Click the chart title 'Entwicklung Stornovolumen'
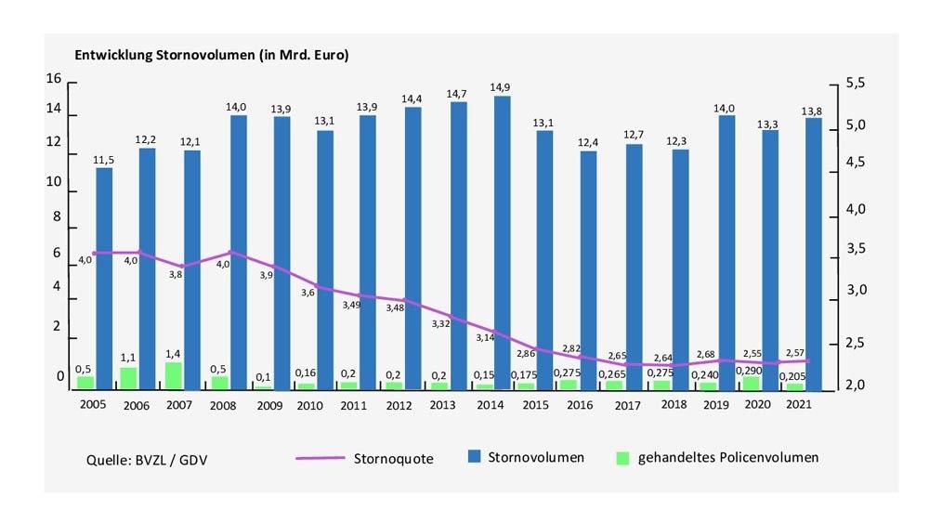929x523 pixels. [x=213, y=56]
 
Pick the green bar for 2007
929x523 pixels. [x=173, y=375]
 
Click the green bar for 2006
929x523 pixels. [x=128, y=377]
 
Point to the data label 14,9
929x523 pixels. [x=501, y=88]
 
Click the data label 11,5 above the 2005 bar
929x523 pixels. [x=104, y=160]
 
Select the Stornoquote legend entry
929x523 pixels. [x=363, y=458]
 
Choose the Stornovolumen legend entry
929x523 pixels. [x=526, y=457]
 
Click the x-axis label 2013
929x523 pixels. [x=442, y=405]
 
